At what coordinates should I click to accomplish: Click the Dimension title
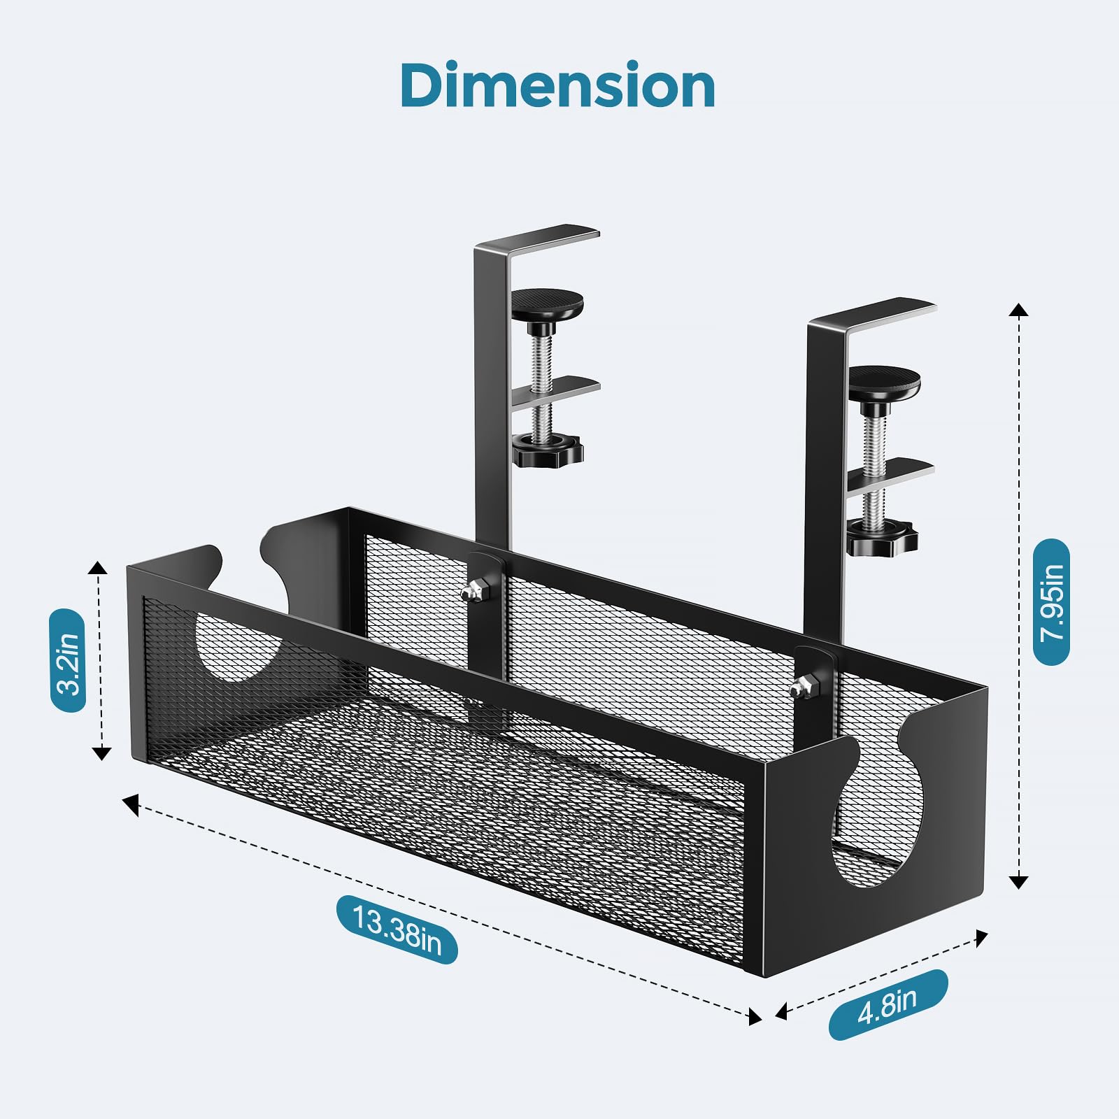pos(558,85)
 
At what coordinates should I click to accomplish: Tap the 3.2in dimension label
pos(68,660)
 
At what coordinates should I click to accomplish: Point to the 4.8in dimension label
pos(888,1005)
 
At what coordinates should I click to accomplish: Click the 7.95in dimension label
pos(1051,601)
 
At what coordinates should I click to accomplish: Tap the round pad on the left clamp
pos(547,304)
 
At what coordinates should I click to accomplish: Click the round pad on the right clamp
pos(884,380)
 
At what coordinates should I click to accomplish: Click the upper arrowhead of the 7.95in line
pos(1019,310)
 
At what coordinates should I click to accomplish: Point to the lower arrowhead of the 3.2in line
pos(102,753)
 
